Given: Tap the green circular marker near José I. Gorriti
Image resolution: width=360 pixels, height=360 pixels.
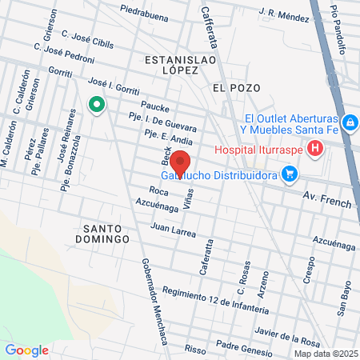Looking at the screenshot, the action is [x=97, y=105].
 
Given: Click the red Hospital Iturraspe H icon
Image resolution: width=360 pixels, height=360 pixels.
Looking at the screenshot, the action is [x=316, y=148].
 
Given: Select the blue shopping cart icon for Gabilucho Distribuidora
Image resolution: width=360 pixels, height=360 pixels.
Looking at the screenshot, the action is [x=290, y=173].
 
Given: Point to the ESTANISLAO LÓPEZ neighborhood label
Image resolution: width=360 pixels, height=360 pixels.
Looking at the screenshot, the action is [x=170, y=65].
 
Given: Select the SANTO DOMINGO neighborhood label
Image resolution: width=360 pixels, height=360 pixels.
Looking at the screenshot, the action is [x=106, y=233].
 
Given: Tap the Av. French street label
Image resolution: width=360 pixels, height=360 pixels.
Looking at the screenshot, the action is [x=326, y=199].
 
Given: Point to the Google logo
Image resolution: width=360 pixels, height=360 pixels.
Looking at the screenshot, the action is [x=26, y=350].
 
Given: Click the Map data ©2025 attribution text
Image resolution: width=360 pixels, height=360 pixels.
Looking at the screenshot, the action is [x=325, y=354].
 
